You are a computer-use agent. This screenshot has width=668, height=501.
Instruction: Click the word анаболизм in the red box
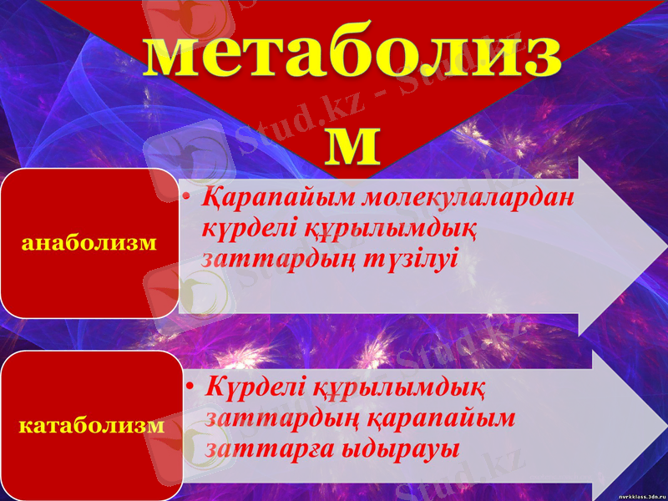(91, 243)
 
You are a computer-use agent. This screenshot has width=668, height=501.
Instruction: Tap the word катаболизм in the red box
(91, 425)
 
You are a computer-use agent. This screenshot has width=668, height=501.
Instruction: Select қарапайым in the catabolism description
(457, 417)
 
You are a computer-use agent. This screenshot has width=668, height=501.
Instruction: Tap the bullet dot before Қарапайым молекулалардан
(190, 199)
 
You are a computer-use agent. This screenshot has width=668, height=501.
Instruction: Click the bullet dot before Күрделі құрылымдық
(191, 388)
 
